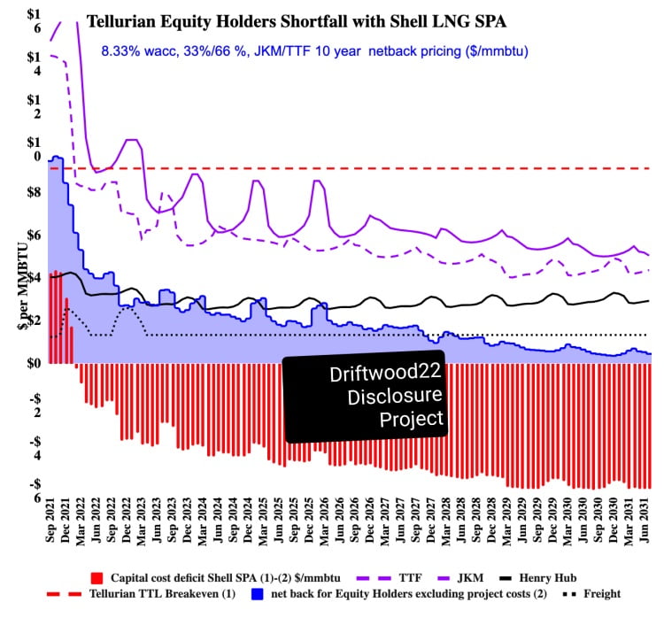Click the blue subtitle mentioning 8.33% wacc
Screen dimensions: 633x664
click(314, 51)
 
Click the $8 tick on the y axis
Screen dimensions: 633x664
click(33, 192)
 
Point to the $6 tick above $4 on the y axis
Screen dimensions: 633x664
click(33, 235)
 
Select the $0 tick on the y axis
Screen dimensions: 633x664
click(33, 363)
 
